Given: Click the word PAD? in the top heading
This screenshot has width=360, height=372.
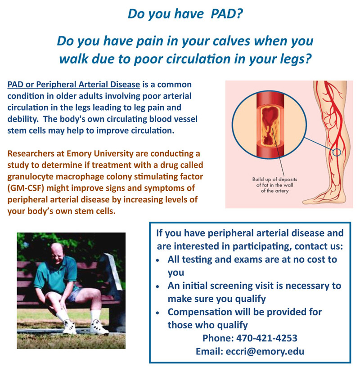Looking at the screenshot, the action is click(227, 14).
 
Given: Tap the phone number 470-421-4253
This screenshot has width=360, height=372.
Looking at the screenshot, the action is click(266, 338).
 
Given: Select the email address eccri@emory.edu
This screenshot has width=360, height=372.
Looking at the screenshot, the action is click(265, 351).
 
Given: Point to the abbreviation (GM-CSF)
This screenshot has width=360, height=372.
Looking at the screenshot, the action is click(26, 188).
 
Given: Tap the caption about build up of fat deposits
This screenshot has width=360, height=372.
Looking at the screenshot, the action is click(274, 185).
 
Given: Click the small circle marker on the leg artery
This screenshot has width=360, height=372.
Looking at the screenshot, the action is click(337, 152).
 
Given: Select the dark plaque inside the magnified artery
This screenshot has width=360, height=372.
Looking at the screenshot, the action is click(270, 125).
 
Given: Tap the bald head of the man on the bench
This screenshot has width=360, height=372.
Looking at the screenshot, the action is click(57, 251).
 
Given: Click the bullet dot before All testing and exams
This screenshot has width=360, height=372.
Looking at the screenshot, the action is click(157, 260).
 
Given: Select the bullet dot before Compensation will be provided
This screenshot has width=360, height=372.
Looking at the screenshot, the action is click(157, 313).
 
